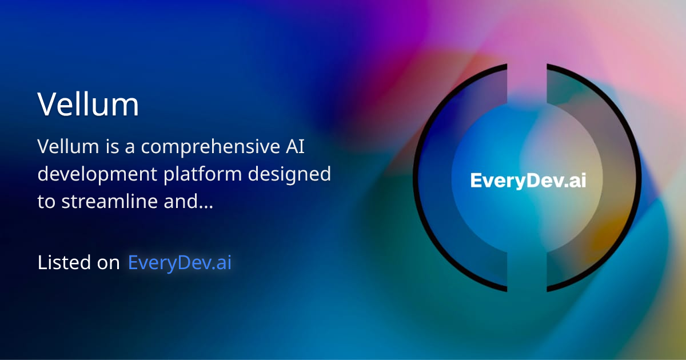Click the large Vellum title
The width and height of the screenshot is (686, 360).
[x=88, y=105]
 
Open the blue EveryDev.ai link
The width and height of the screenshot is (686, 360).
[x=180, y=262]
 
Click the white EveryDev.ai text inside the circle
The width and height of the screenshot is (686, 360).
[x=528, y=181]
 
